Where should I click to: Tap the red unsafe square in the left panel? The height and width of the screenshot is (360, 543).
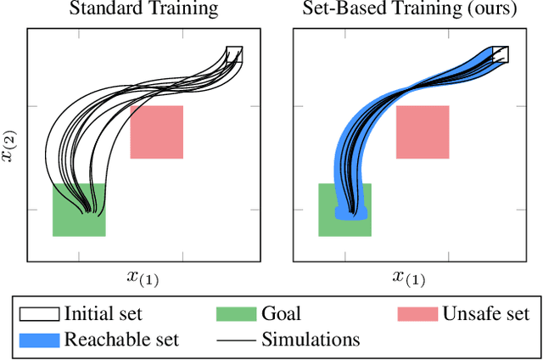coord(157,132)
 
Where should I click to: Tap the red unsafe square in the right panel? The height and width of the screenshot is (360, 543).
coord(423,132)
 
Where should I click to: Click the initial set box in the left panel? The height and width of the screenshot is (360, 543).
coord(234,55)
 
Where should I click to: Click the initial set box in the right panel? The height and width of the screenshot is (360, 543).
coord(501,55)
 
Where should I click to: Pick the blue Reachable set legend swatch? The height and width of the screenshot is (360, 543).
coord(38,340)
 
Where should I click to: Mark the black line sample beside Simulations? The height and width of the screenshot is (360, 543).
coord(235,340)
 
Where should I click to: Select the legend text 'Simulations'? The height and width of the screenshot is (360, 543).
coord(311,340)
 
